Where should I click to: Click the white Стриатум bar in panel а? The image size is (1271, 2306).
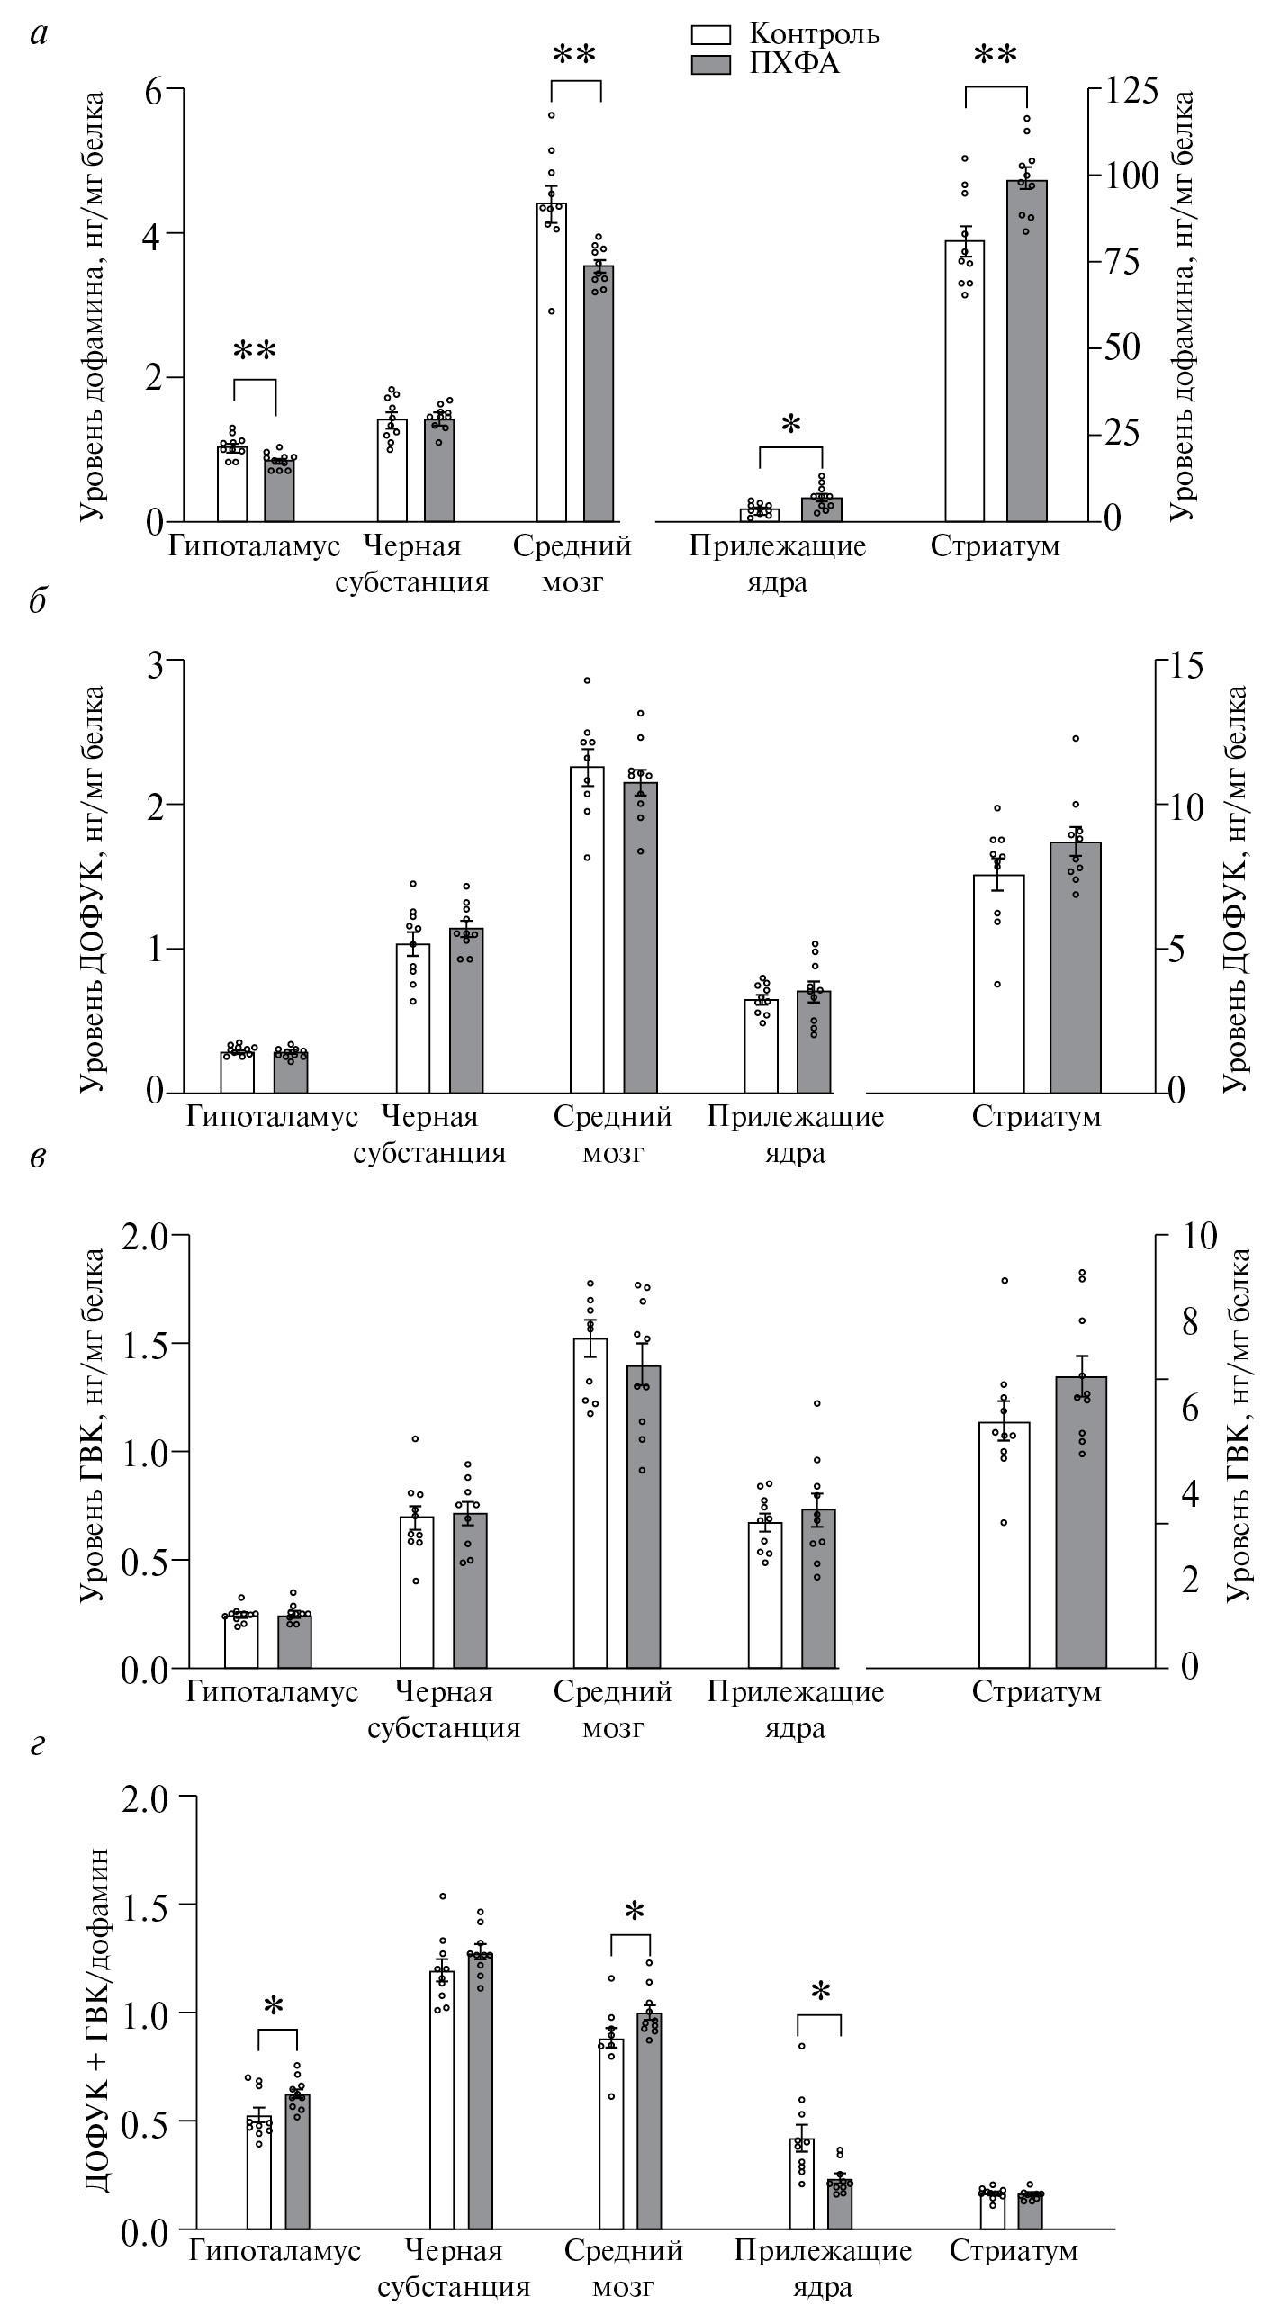pos(964,382)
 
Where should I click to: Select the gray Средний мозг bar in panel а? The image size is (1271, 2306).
pos(599,393)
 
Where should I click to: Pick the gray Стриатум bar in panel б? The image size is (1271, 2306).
pos(1076,968)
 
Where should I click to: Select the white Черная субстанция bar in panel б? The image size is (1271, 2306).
pos(413,1018)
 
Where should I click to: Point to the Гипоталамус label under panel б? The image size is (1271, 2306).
pos(272,1118)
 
